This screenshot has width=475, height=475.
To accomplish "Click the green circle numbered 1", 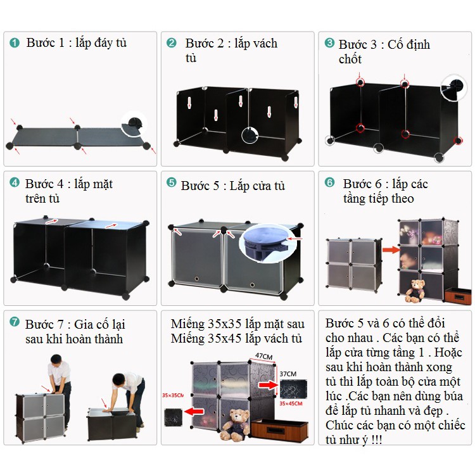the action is pos(14,42).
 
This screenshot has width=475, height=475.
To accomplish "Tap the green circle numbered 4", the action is pos(14,182).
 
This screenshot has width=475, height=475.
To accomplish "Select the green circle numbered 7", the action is pos(14,321).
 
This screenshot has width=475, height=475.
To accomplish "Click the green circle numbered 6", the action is pos(329,182).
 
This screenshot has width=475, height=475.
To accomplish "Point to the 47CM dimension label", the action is pos(264,357).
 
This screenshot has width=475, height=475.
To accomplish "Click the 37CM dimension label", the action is pos(288,374).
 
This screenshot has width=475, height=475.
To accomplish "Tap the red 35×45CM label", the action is pos(291,403).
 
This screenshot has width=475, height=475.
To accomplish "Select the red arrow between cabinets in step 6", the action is pos(391,250).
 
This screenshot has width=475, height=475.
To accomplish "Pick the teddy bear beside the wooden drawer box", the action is pos(234,425).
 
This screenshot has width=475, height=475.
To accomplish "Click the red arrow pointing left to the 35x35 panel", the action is pos(194,412).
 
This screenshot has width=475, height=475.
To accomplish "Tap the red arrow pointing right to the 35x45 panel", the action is pos(268,384).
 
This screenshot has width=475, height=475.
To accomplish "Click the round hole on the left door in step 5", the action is pos(196,279).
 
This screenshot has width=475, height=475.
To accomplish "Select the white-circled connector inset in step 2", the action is pos(250,135).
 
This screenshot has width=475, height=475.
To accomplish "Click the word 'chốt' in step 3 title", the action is pos(350,59).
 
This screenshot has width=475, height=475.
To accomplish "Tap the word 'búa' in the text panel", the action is pos(452,396).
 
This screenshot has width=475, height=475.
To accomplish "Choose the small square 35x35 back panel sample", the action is pos(173,417).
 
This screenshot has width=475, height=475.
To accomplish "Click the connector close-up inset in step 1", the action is pos(134,125).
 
